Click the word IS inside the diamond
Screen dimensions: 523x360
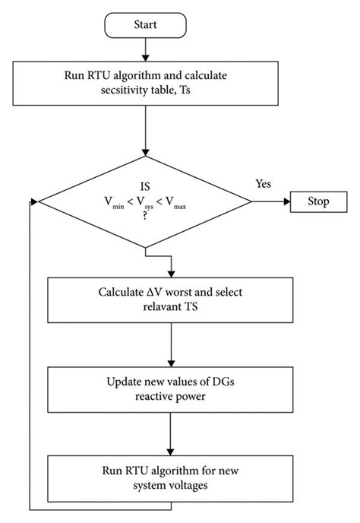coord(144,186)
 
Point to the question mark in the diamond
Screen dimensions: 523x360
coord(144,217)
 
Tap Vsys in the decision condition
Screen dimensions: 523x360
coord(144,203)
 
